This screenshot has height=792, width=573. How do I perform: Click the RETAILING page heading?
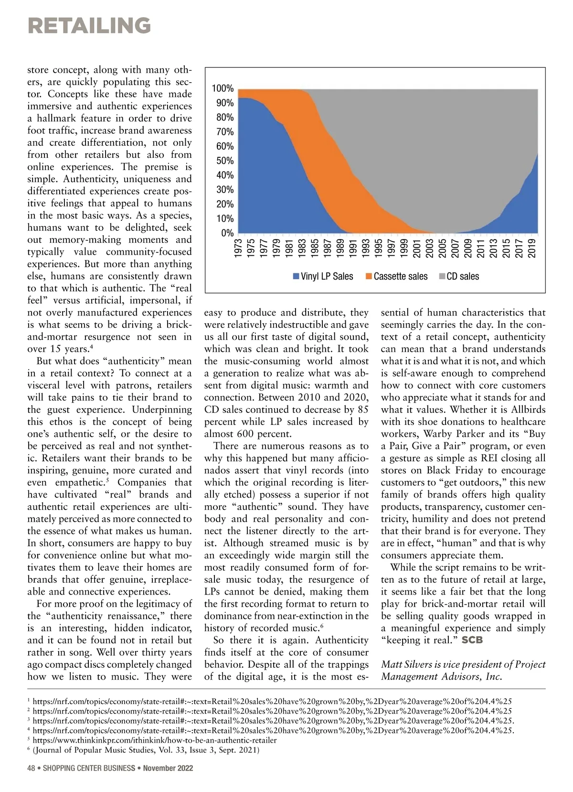pyautogui.click(x=89, y=25)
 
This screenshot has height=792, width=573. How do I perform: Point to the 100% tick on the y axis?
pyautogui.click(x=223, y=88)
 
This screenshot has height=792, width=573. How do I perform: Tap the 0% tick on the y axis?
pyautogui.click(x=227, y=233)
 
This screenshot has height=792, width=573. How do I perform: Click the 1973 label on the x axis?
pyautogui.click(x=238, y=249)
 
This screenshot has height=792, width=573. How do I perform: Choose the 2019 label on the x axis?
pyautogui.click(x=532, y=249)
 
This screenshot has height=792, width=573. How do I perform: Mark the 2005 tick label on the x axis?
pyautogui.click(x=443, y=249)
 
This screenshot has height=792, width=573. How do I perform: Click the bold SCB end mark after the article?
pyautogui.click(x=472, y=640)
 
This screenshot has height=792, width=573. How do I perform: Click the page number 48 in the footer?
pyautogui.click(x=32, y=768)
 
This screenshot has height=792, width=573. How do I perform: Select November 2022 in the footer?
pyautogui.click(x=168, y=768)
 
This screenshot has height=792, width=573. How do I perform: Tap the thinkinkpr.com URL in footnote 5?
pyautogui.click(x=155, y=740)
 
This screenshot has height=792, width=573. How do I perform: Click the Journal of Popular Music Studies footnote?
pyautogui.click(x=146, y=750)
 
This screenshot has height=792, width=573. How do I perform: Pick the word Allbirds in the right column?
pyautogui.click(x=528, y=410)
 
